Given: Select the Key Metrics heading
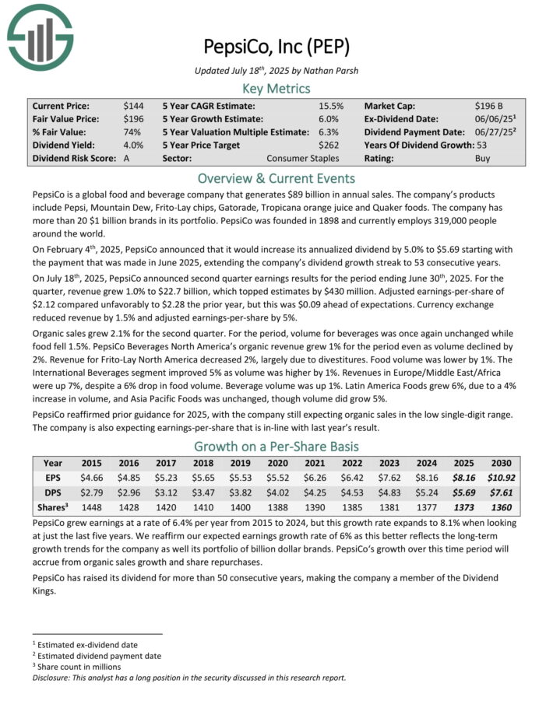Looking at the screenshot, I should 276,89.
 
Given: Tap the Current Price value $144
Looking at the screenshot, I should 133,105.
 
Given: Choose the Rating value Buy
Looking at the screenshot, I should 484,158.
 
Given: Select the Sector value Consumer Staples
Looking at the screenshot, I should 303,158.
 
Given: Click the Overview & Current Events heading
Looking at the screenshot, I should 276,177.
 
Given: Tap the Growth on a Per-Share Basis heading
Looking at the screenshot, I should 276,447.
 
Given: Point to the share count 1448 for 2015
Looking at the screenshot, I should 93,508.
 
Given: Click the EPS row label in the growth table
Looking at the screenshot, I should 53,478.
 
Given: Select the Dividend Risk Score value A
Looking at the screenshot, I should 126,158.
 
